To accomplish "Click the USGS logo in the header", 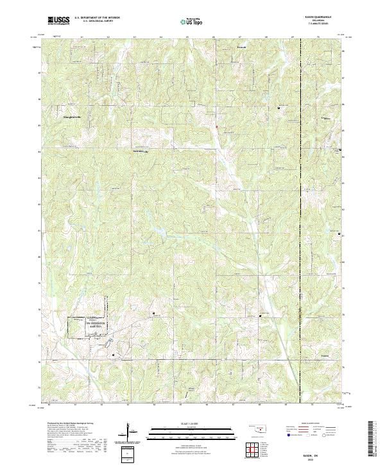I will point(58,21).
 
